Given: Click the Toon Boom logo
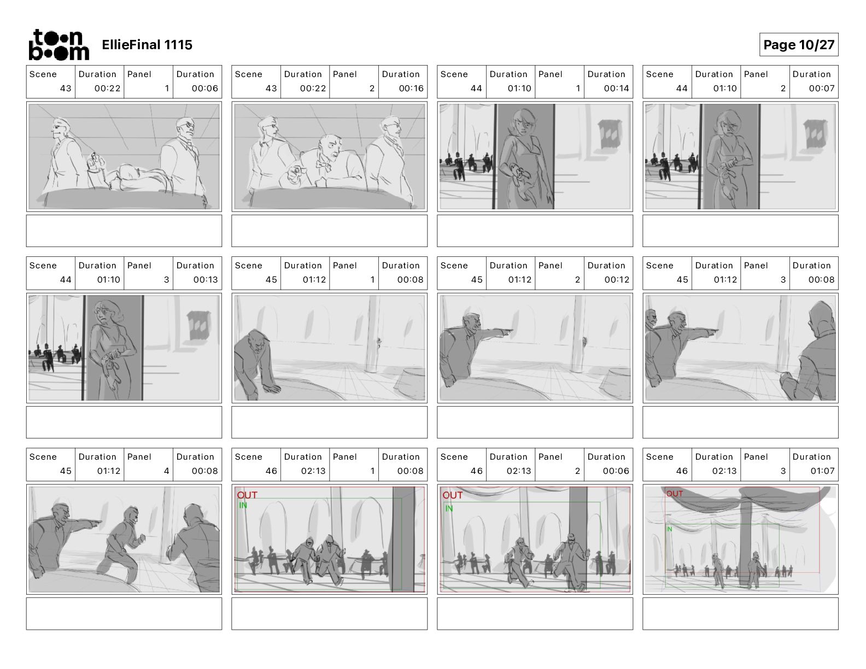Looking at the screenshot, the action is pyautogui.click(x=59, y=45).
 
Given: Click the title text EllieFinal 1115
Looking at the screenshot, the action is pyautogui.click(x=147, y=45).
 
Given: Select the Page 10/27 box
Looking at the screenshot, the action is pyautogui.click(x=798, y=45).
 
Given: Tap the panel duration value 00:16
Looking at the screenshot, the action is pyautogui.click(x=411, y=88).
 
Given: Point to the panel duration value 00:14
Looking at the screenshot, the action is pyautogui.click(x=616, y=88).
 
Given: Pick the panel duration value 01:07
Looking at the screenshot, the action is pyautogui.click(x=822, y=471).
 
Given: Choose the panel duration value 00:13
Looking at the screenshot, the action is pyautogui.click(x=205, y=279).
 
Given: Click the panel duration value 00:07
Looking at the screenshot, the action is pyautogui.click(x=821, y=88).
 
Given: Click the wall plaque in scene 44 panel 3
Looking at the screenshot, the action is pyautogui.click(x=198, y=325).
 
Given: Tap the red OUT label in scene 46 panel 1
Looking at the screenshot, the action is pyautogui.click(x=247, y=495).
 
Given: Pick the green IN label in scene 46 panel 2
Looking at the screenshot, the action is pyautogui.click(x=449, y=508).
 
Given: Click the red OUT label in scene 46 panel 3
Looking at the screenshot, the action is pyautogui.click(x=674, y=494).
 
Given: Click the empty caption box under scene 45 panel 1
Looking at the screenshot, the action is pyautogui.click(x=329, y=422).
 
